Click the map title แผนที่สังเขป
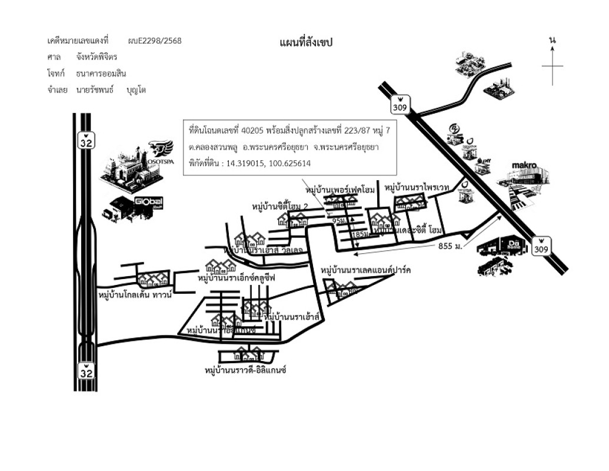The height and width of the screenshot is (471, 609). pyautogui.click(x=305, y=42)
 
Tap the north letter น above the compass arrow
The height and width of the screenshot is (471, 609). pyautogui.click(x=552, y=39)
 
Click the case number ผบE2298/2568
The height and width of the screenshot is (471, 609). pyautogui.click(x=154, y=41)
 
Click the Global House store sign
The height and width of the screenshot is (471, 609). pyautogui.click(x=149, y=203)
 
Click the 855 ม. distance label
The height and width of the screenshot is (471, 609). pyautogui.click(x=451, y=246)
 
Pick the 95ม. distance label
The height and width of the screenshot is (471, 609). pyautogui.click(x=340, y=221)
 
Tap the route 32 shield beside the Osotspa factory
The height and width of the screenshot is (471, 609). pyautogui.click(x=86, y=141)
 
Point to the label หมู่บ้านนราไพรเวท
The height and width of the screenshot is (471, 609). pyautogui.click(x=417, y=187)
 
